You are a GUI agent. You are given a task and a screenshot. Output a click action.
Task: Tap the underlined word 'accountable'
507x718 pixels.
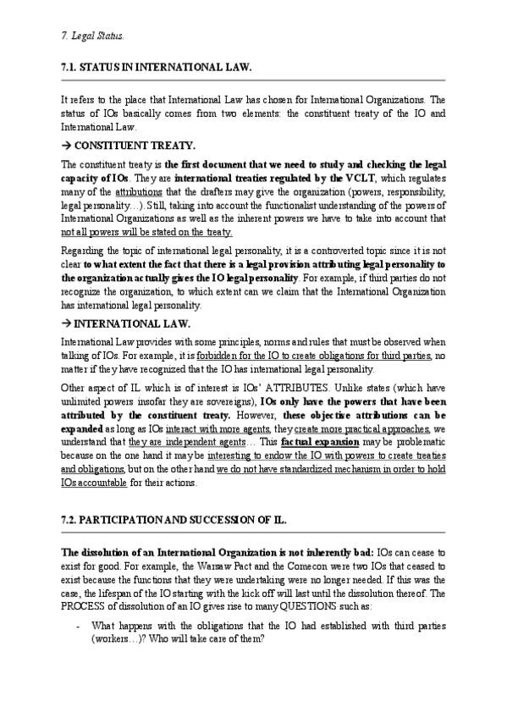pos(102,483)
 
